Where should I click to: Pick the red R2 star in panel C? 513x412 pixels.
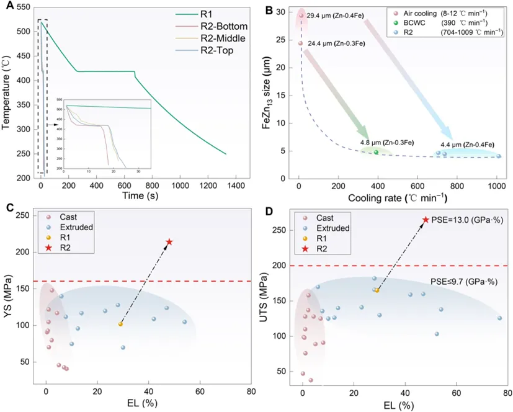click(x=169, y=241)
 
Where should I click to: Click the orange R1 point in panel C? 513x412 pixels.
click(x=120, y=324)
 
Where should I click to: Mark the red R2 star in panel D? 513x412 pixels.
click(x=426, y=220)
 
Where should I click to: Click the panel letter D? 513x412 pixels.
click(x=269, y=212)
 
